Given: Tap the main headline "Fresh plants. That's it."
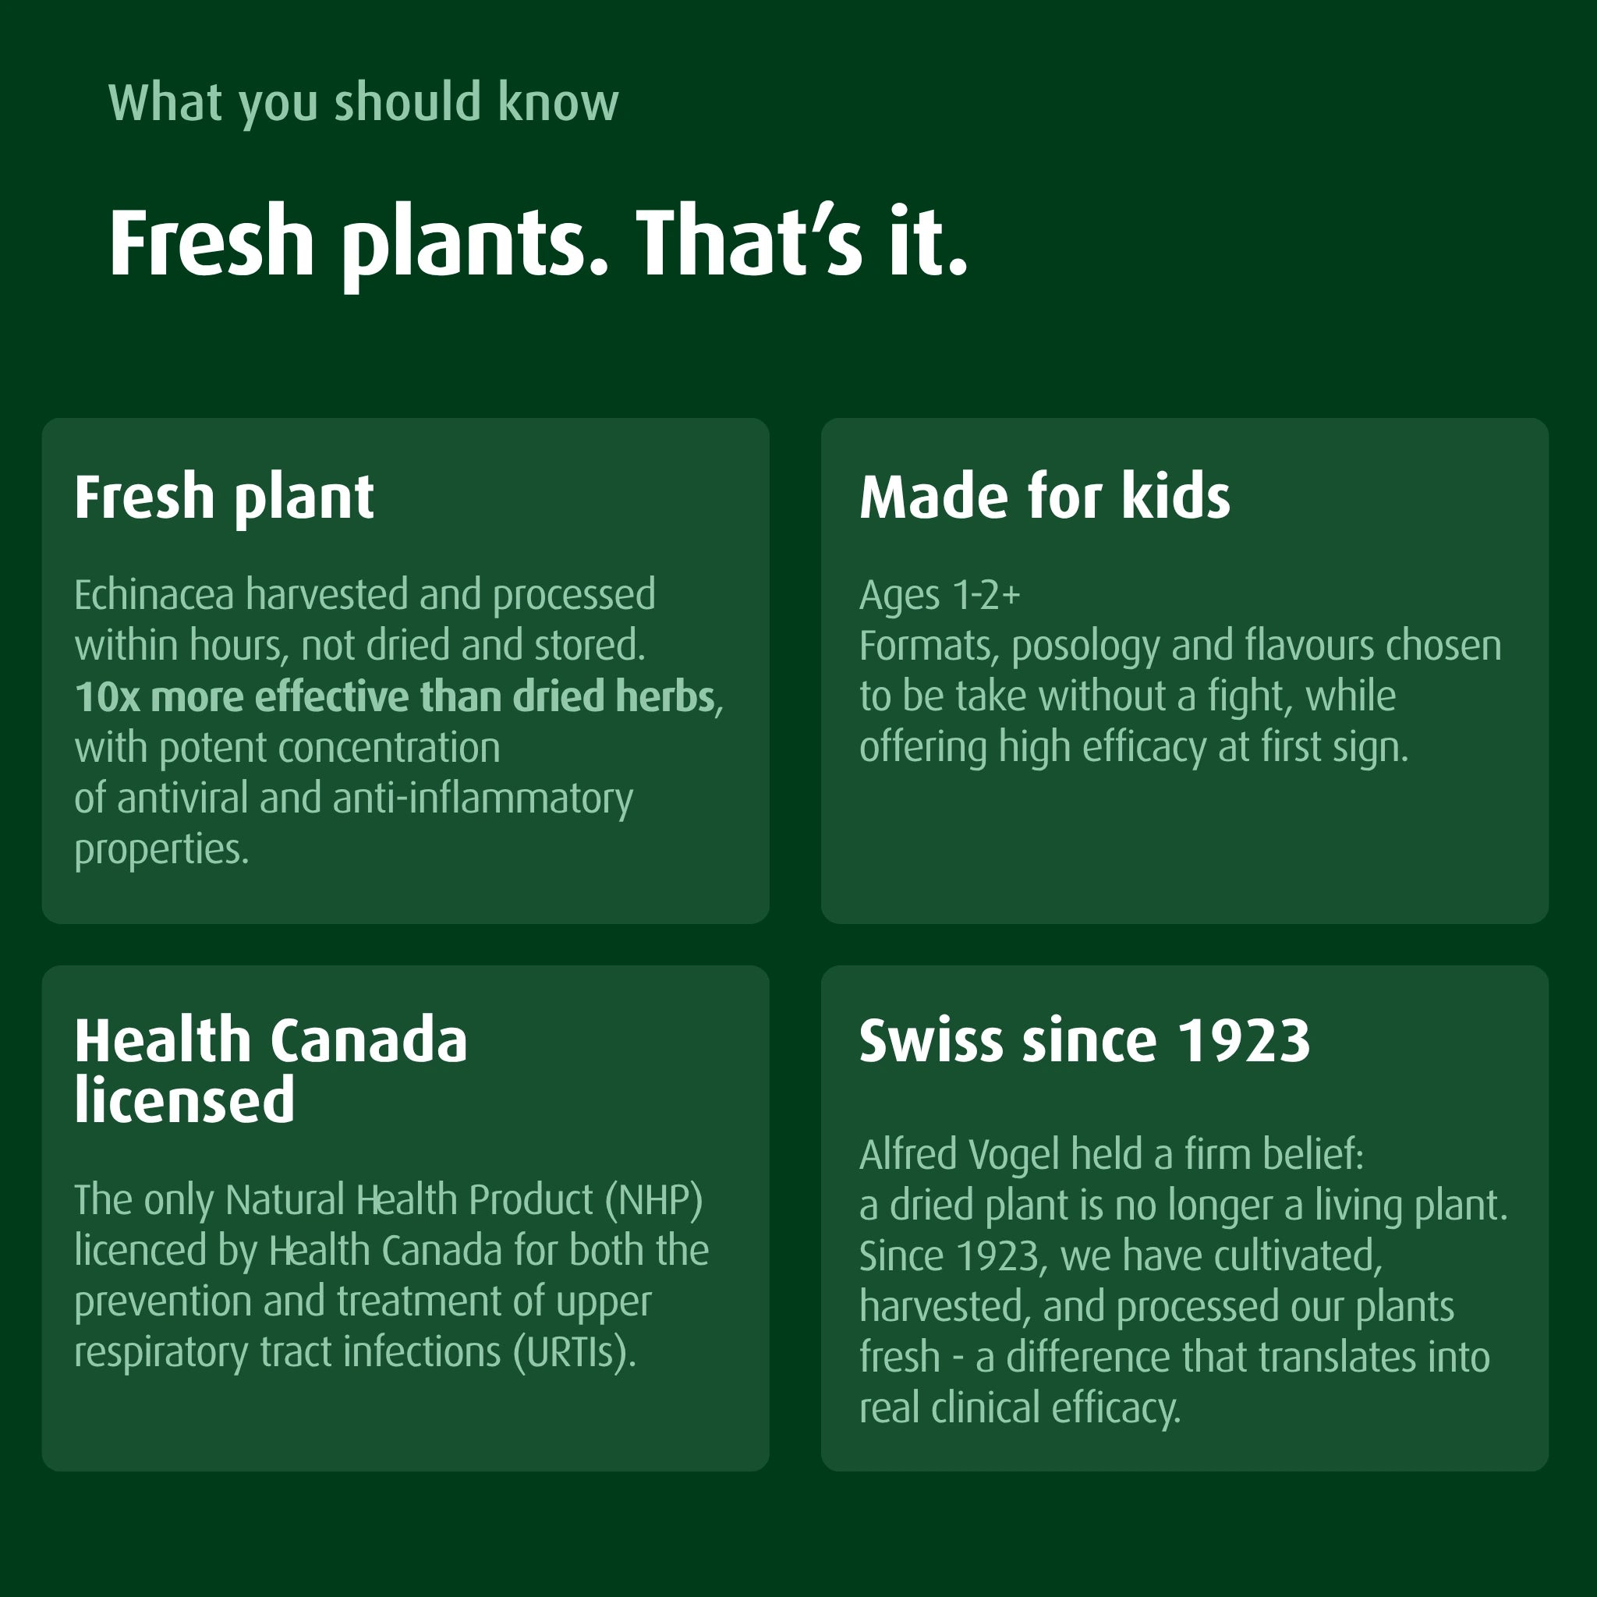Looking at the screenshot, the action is [x=538, y=244].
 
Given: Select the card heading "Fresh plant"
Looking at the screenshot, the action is [x=224, y=498].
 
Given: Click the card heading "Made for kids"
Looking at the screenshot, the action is [x=1045, y=497].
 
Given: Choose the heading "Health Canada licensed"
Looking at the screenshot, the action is [x=271, y=1070].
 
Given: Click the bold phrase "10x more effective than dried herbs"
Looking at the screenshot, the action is [x=395, y=696].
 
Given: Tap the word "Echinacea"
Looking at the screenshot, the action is [x=154, y=594].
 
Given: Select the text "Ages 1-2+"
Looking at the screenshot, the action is [x=940, y=594].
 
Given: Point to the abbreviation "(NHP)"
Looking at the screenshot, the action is [x=653, y=1200].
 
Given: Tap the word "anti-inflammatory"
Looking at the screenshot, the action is [x=483, y=799].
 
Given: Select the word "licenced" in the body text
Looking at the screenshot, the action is [x=140, y=1250].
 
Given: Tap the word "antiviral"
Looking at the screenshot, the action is [x=182, y=798].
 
